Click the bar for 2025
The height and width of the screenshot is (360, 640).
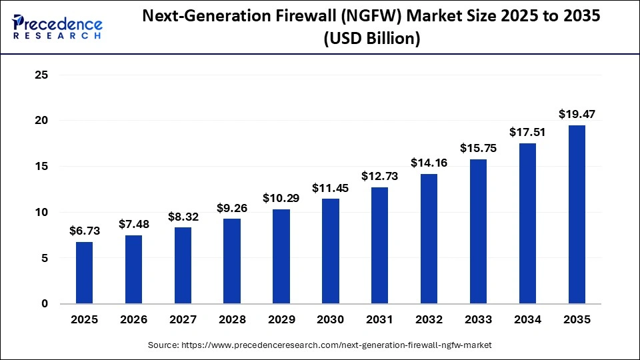(x=84, y=273)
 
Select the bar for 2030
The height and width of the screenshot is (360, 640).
(x=331, y=251)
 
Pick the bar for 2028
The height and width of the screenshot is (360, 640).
(x=232, y=261)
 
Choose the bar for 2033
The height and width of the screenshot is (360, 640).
(x=478, y=231)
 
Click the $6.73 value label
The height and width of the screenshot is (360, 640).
(x=84, y=231)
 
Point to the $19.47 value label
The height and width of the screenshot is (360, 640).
(x=577, y=114)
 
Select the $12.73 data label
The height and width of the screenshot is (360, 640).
(x=380, y=176)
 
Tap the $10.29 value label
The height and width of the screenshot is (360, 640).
(x=281, y=198)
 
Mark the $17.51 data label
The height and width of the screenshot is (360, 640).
(x=527, y=132)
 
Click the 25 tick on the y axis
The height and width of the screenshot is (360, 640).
(x=41, y=75)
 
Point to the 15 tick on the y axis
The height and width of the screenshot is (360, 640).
(x=41, y=167)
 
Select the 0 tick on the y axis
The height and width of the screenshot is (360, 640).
(x=45, y=304)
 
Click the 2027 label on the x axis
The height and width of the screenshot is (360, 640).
(x=183, y=320)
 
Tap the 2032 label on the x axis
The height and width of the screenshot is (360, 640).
(x=429, y=320)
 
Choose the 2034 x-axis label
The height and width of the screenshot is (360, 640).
(x=527, y=320)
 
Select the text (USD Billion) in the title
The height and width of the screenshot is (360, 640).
(x=372, y=40)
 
